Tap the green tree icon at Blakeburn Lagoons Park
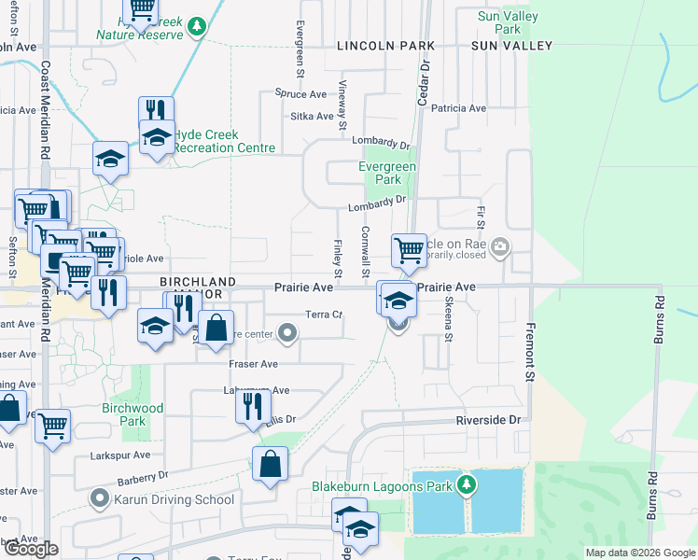(x=468, y=485)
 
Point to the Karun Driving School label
(x=175, y=499)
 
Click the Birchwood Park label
(x=133, y=414)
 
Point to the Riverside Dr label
(x=487, y=421)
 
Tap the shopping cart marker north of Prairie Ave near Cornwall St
(x=409, y=249)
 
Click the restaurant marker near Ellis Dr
(x=253, y=406)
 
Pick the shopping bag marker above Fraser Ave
(x=216, y=328)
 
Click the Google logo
(x=31, y=550)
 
